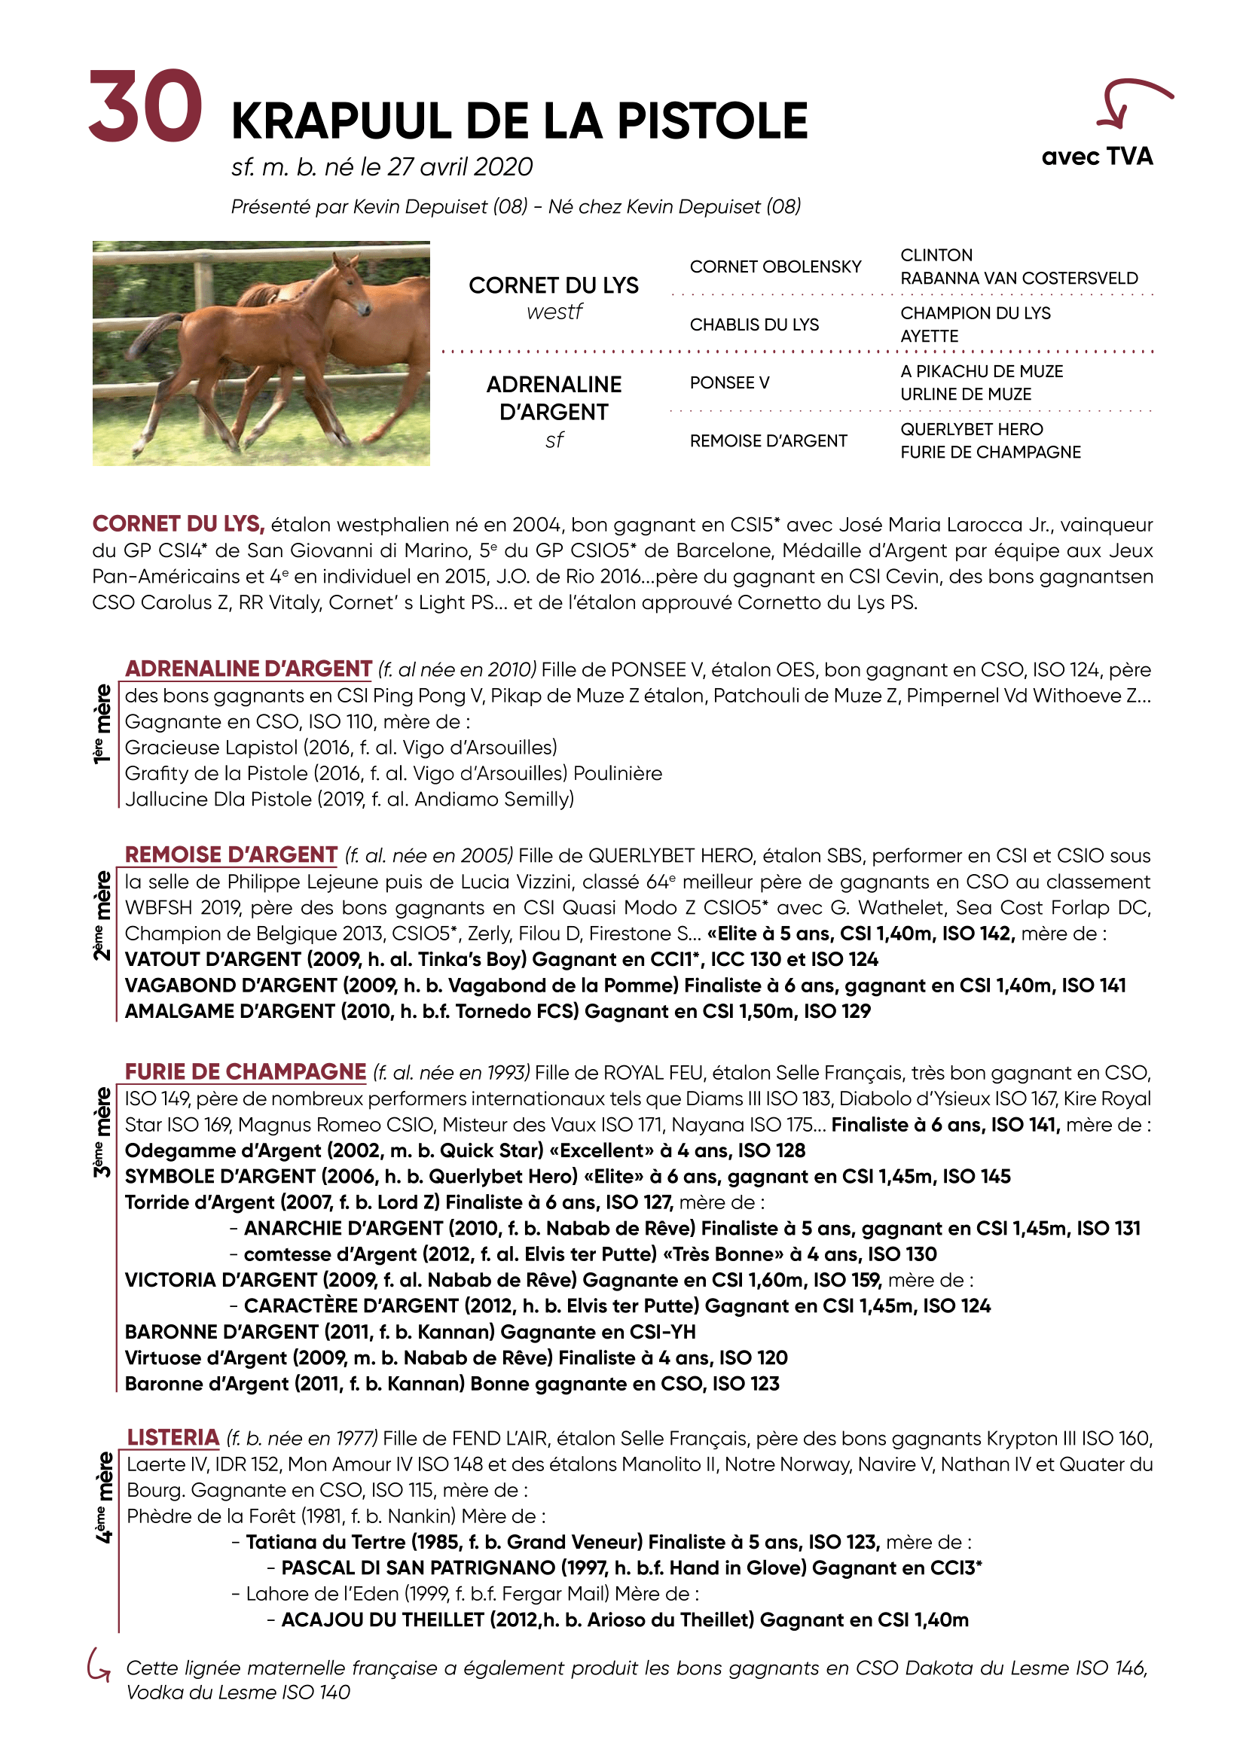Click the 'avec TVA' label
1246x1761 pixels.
[x=1096, y=157]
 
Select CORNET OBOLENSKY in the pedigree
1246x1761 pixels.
[x=775, y=267]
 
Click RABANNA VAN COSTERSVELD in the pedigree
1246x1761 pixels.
[x=1018, y=279]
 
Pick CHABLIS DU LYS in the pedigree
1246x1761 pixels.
[x=753, y=325]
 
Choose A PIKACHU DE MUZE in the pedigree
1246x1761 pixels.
[x=982, y=371]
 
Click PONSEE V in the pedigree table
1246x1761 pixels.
[x=729, y=382]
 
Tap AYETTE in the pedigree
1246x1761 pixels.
[x=928, y=337]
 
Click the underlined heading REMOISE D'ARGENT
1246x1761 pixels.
[x=231, y=855]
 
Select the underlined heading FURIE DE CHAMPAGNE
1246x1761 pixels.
[x=246, y=1071]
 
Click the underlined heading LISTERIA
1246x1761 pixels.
[x=173, y=1437]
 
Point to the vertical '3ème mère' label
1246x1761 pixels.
[x=102, y=1132]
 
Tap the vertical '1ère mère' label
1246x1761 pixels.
[x=102, y=724]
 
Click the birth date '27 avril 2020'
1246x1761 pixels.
[x=460, y=167]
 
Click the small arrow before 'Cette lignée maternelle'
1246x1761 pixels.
[x=99, y=1665]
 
